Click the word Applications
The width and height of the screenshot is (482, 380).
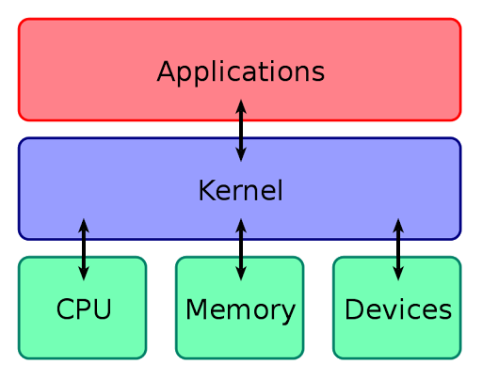click(240, 72)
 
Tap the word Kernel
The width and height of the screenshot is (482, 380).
click(240, 191)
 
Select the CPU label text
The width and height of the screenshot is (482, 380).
click(83, 309)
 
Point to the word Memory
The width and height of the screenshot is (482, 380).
click(240, 309)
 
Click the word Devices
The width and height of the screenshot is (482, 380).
click(397, 309)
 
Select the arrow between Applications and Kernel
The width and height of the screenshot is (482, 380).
click(241, 130)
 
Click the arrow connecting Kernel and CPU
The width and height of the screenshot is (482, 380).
click(84, 249)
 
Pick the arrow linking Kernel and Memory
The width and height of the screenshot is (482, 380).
click(241, 249)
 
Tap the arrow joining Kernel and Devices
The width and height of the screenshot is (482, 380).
click(398, 249)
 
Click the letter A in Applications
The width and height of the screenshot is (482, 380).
click(168, 72)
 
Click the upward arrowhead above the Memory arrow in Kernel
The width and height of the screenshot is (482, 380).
click(241, 225)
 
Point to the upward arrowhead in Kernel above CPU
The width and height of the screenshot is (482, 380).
click(84, 225)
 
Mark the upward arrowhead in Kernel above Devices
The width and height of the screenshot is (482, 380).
click(398, 225)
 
